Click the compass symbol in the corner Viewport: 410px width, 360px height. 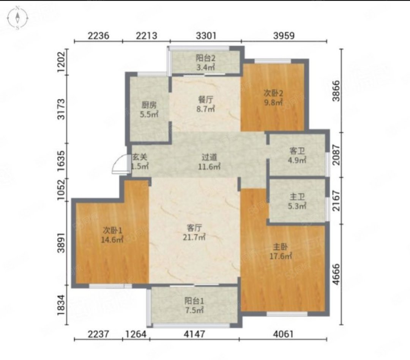[x=17, y=18]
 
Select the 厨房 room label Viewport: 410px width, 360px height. [x=149, y=110]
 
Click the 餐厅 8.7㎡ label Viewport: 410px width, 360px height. [x=206, y=104]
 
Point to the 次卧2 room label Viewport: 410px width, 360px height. [x=273, y=97]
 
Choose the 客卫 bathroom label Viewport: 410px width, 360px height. [x=297, y=155]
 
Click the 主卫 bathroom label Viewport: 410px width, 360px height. [x=297, y=201]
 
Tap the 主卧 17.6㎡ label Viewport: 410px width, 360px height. [x=281, y=251]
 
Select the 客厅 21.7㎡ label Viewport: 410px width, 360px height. [x=194, y=232]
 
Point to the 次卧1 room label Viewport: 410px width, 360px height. [x=112, y=234]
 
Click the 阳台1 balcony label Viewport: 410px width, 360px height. [x=194, y=305]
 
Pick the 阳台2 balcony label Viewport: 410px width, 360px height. [x=205, y=63]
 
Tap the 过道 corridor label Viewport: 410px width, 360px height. [x=209, y=162]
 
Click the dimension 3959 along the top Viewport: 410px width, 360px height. [x=284, y=35]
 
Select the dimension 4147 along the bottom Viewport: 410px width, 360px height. [x=194, y=334]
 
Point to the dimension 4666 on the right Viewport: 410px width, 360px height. [x=336, y=274]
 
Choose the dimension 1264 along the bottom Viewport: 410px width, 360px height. [x=136, y=334]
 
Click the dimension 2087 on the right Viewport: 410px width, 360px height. [x=336, y=155]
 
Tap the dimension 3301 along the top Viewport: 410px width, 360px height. [x=206, y=35]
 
